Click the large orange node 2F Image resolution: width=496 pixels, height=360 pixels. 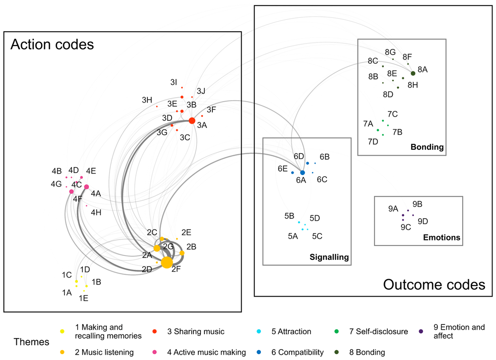tap(167, 262)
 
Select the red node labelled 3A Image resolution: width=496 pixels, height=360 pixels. tap(192, 120)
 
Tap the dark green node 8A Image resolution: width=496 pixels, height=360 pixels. tap(413, 73)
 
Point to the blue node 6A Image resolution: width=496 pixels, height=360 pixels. tap(303, 172)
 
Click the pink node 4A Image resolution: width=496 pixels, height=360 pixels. tap(86, 187)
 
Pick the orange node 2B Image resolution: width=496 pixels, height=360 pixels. tap(182, 253)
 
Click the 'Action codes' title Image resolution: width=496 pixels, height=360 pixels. tap(52, 45)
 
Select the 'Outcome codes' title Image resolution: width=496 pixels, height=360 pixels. tap(434, 284)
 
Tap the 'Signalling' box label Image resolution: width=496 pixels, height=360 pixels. tap(329, 257)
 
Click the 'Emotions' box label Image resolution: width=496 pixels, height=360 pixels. tap(441, 238)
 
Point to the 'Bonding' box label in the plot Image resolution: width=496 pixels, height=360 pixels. tap(427, 147)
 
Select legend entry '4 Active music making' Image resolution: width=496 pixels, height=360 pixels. tap(206, 352)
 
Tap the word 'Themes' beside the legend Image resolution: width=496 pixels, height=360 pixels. tap(31, 342)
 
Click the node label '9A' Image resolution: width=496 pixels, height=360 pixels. tap(393, 209)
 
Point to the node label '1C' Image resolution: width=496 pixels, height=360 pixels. tap(67, 275)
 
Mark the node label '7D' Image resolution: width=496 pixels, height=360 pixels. tap(373, 142)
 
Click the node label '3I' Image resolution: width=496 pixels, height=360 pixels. tap(174, 82)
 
